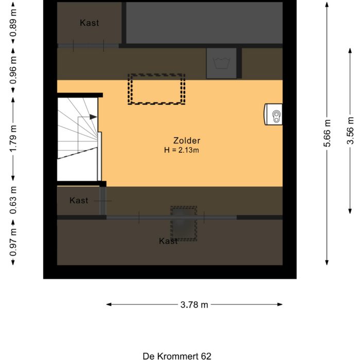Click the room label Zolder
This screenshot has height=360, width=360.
click(x=187, y=140)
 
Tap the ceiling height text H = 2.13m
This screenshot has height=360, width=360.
click(x=182, y=150)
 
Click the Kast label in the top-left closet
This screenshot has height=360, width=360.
click(x=89, y=23)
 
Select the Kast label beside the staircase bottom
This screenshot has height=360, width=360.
click(x=79, y=201)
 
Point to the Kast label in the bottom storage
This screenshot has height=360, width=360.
click(x=168, y=241)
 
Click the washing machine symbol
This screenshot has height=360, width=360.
click(x=222, y=63)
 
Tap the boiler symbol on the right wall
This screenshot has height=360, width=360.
click(x=274, y=114)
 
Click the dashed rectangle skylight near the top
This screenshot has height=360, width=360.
click(x=156, y=89)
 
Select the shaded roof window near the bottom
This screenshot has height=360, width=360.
click(x=184, y=224)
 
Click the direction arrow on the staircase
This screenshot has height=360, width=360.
click(x=93, y=117)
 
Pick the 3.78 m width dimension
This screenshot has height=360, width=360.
click(x=194, y=304)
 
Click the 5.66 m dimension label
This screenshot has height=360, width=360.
click(x=327, y=134)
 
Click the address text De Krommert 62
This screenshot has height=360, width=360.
click(x=177, y=355)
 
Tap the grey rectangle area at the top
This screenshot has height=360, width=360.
click(x=204, y=23)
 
